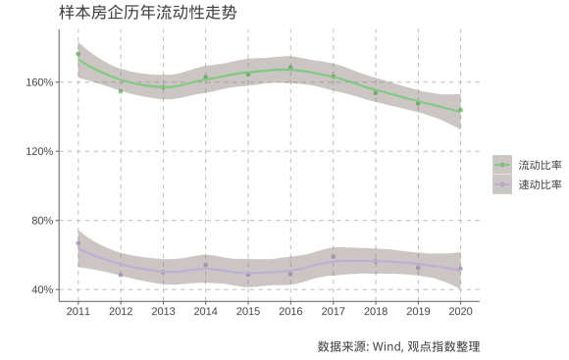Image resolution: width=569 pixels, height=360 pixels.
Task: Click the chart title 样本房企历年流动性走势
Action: tap(147, 13)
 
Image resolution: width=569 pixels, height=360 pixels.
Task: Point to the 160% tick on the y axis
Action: tap(39, 82)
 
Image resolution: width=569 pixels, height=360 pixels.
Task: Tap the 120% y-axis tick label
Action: tap(39, 152)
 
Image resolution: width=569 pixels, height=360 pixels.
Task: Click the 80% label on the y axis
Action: tap(41, 221)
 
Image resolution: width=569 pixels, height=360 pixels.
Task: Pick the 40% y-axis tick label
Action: tap(41, 290)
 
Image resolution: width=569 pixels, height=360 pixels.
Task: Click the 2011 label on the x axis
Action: tap(78, 311)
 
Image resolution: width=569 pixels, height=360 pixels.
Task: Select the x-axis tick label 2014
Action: tap(206, 311)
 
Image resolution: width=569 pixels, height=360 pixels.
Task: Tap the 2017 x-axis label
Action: tap(334, 311)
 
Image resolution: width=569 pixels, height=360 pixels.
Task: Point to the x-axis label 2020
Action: tap(460, 311)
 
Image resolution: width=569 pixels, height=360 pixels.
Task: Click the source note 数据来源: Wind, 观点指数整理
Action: tap(398, 346)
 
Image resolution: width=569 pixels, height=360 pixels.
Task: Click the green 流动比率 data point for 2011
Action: tap(78, 55)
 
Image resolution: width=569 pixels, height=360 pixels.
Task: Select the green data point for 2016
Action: tap(290, 68)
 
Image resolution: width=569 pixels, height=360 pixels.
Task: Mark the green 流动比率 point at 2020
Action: tap(460, 110)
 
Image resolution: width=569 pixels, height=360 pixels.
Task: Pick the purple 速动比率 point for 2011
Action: tap(78, 243)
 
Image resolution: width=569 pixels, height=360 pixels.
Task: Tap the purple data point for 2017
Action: tap(334, 257)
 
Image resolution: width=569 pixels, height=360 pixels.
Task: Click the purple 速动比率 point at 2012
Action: tap(121, 275)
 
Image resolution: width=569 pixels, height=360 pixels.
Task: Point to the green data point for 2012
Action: tap(121, 91)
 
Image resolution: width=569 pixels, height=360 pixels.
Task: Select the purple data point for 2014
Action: tap(206, 265)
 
